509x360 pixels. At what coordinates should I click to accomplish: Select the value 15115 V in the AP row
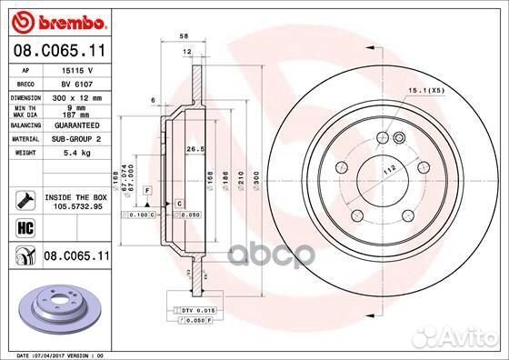[x=73, y=69]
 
